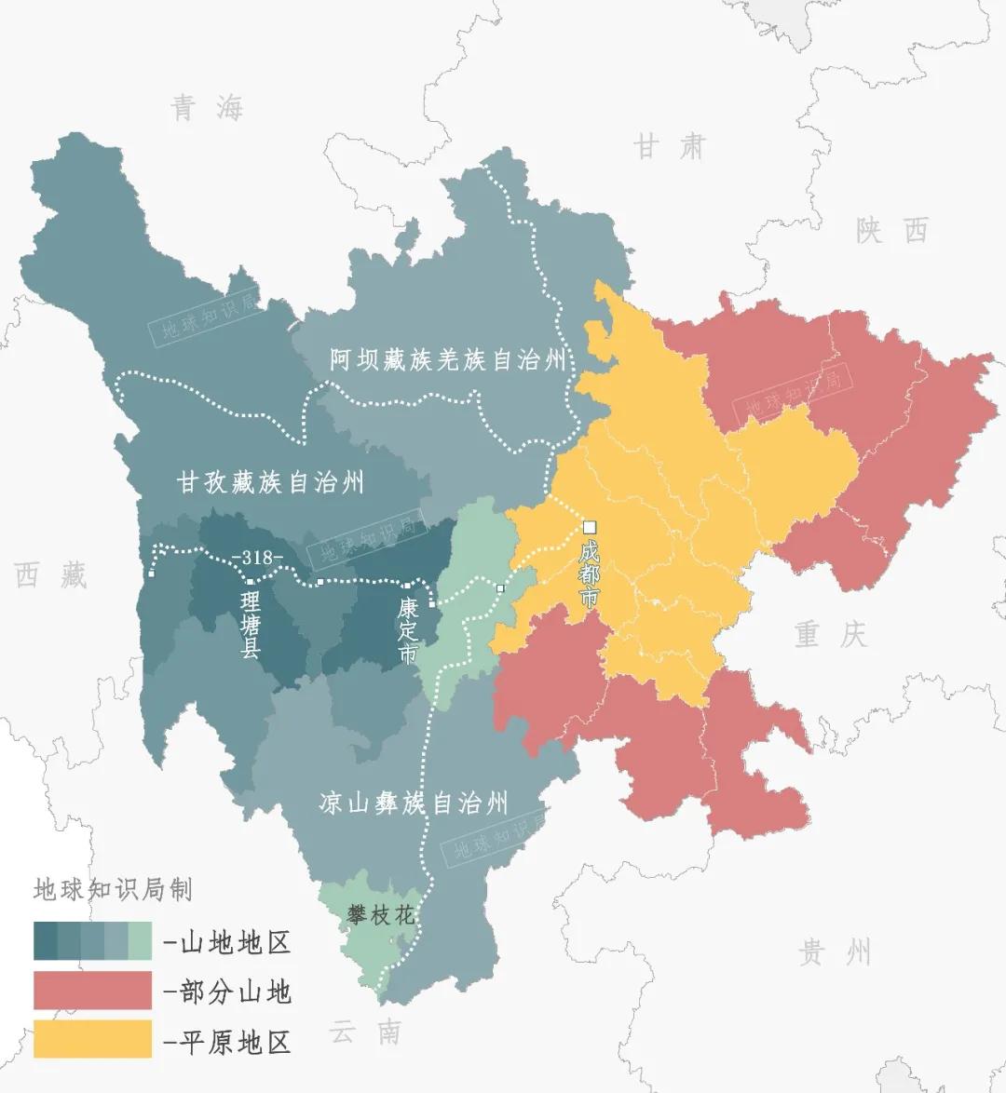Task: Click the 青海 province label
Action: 207,109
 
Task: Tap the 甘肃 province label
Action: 670,147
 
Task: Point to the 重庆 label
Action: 831,635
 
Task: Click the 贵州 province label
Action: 836,952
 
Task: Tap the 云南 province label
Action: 365,1032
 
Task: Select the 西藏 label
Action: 51,574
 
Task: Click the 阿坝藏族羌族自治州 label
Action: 448,360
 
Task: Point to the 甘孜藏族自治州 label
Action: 270,482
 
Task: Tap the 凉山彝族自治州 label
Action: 414,803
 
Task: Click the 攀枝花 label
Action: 380,915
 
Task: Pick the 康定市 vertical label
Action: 407,630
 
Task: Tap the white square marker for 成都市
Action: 589,527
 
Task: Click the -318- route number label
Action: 261,558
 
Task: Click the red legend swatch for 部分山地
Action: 92,991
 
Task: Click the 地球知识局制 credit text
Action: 112,889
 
